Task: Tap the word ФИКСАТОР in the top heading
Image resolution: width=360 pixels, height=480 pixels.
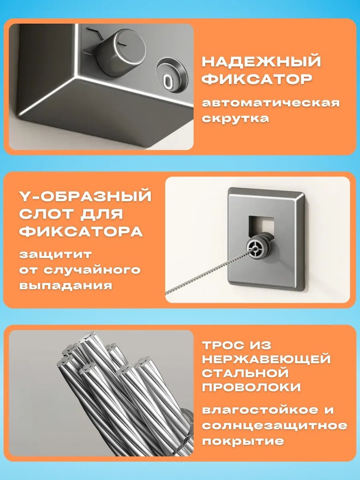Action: (257, 79)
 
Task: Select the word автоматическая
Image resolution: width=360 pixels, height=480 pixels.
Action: (271, 103)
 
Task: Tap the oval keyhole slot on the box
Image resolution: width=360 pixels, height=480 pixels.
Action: (168, 80)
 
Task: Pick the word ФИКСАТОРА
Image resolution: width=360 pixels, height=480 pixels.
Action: (81, 232)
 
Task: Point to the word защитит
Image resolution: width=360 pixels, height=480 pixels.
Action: (55, 255)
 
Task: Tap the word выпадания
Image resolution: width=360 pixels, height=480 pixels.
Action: (66, 285)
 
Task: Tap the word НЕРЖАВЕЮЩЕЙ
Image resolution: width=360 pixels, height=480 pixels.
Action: (266, 359)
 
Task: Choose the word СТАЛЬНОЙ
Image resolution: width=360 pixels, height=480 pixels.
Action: (245, 373)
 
